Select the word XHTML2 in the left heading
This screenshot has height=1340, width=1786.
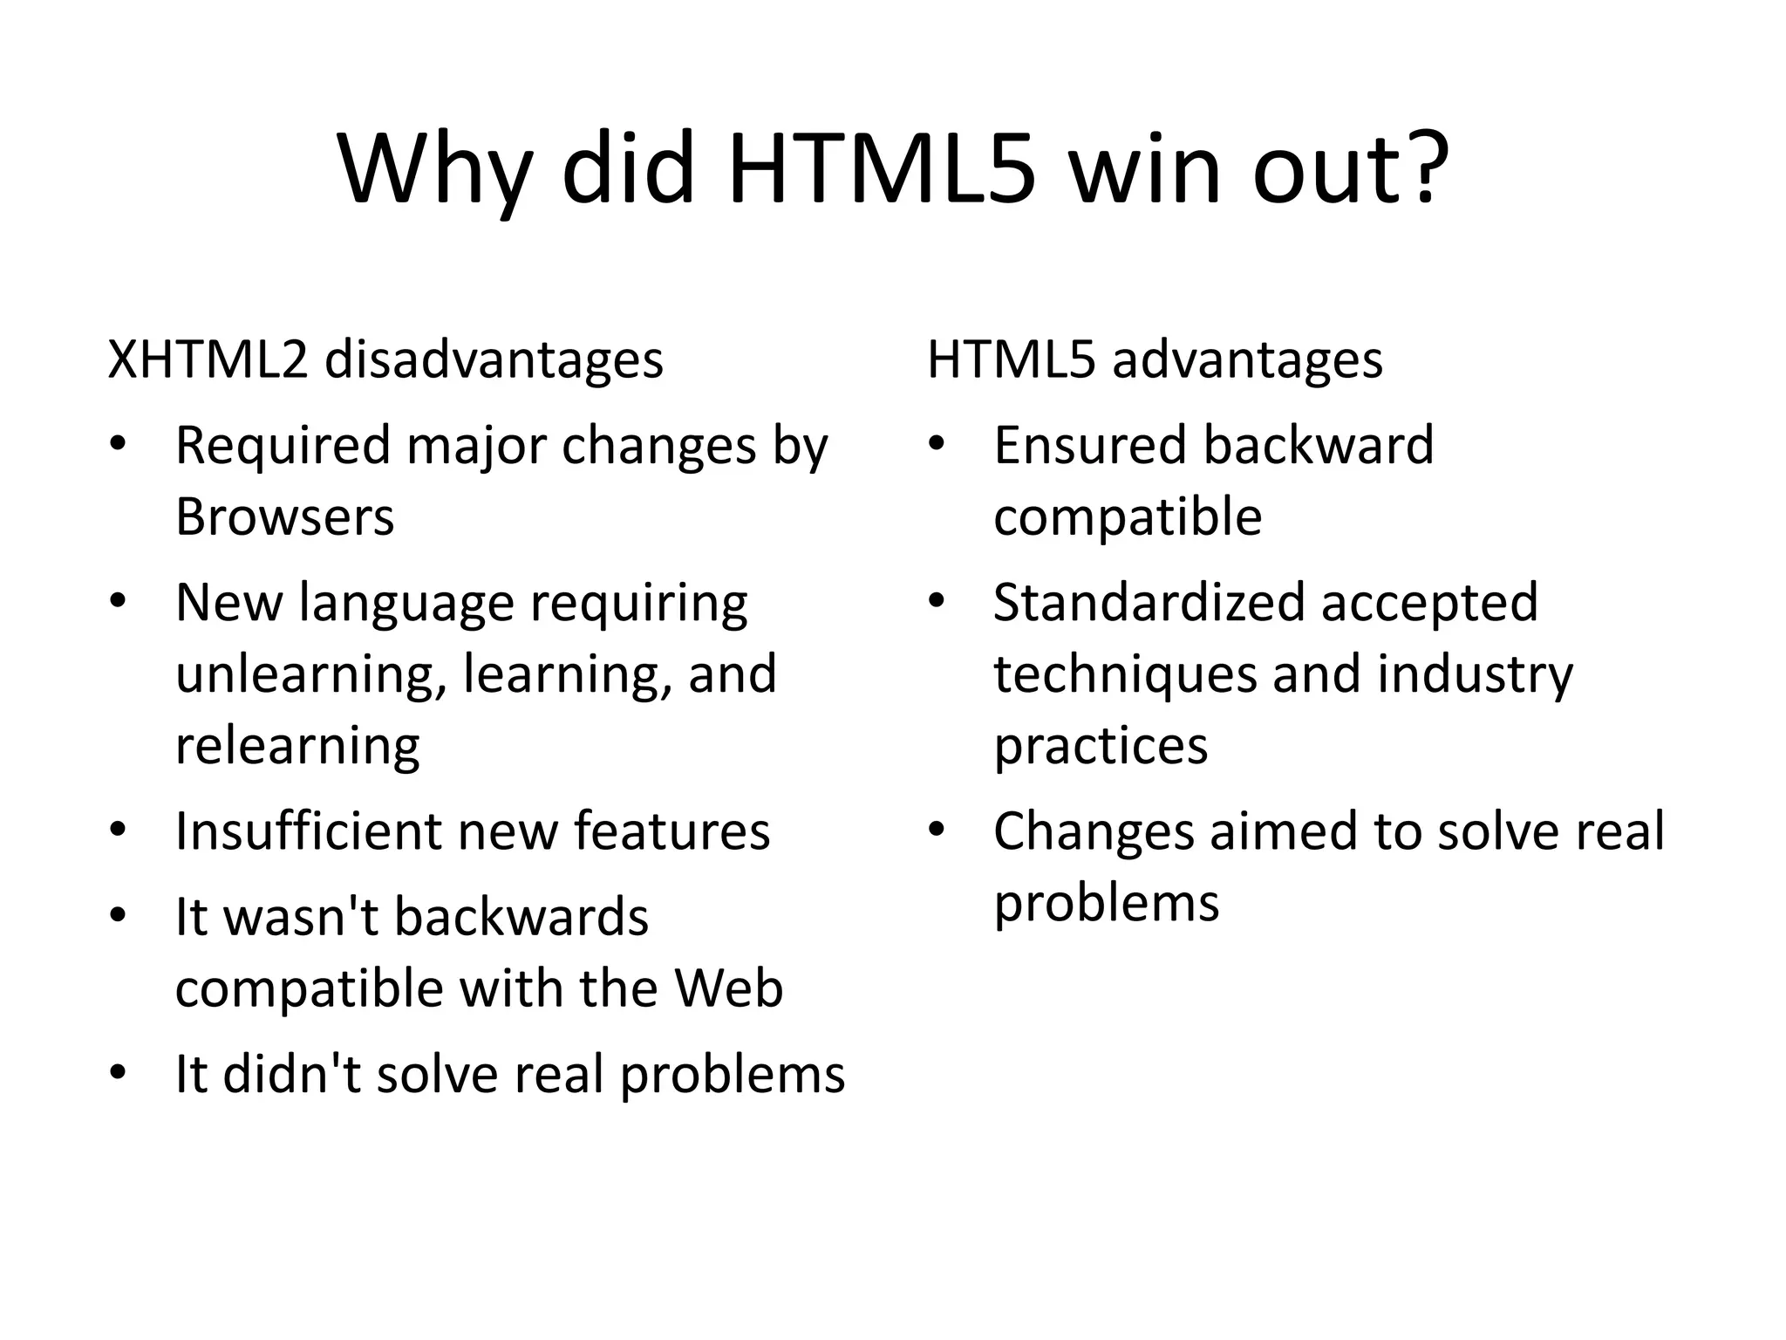(x=208, y=359)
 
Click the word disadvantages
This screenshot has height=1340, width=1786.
(x=494, y=359)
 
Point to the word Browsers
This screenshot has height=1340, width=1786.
(x=284, y=516)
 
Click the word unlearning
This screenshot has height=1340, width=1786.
(x=310, y=673)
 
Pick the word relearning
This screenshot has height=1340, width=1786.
(x=297, y=745)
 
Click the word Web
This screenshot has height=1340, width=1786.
(x=728, y=988)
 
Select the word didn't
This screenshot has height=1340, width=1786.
(x=292, y=1074)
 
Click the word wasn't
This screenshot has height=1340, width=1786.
(x=302, y=917)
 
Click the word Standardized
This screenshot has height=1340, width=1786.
(x=1150, y=603)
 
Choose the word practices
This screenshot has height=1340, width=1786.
(x=1101, y=746)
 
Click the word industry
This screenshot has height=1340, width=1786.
(x=1475, y=674)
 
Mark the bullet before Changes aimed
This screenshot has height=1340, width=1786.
(x=937, y=829)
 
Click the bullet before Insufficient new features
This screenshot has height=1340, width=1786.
(x=118, y=829)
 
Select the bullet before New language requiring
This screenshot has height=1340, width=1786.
(x=118, y=601)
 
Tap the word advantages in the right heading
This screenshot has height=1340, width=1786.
(x=1247, y=359)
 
